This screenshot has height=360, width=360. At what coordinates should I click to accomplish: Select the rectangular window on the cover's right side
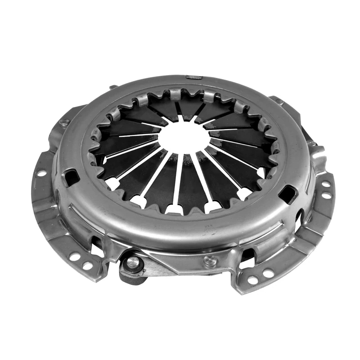288,194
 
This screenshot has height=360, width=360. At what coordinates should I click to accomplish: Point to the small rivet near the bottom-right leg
210,261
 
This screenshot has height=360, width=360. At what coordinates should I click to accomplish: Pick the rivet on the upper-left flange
64,121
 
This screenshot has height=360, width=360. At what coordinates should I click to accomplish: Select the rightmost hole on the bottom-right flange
269,273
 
